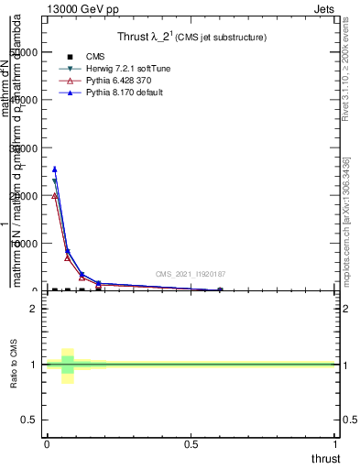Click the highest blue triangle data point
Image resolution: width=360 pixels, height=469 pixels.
[x=55, y=169]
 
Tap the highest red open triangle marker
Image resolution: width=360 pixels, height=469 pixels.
[x=55, y=195]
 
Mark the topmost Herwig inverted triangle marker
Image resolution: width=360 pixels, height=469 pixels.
[x=55, y=181]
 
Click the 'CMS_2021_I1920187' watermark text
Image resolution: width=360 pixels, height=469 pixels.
[x=190, y=274]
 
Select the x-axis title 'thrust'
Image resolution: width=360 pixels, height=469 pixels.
[x=326, y=459]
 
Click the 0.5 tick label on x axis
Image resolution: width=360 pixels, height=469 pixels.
[x=191, y=444]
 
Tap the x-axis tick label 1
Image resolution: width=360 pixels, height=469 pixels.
[x=336, y=444]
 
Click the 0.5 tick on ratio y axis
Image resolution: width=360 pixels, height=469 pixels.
[x=29, y=420]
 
